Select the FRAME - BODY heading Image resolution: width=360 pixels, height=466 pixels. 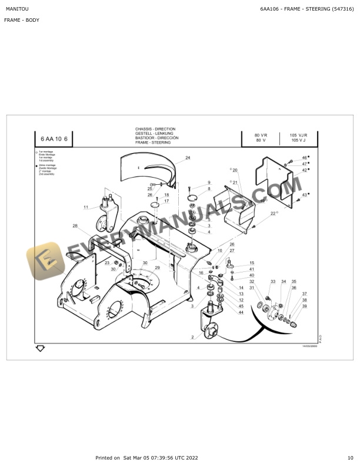pos(22,21)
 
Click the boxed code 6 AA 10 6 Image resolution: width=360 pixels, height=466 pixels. pos(55,139)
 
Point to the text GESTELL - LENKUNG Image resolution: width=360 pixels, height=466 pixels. pos(154,134)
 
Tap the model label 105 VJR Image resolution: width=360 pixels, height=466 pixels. pos(298,135)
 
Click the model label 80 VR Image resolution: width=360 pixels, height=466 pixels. pos(261,135)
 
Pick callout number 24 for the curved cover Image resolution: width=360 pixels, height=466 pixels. pos(188,158)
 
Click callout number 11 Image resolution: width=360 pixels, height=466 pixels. pos(85,207)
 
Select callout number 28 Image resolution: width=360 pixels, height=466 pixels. pos(75,226)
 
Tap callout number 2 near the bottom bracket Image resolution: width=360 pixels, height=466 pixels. pos(192,337)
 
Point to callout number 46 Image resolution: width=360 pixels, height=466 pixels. pos(304,158)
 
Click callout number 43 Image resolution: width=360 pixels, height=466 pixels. pos(304,195)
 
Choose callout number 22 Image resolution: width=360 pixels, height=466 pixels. pos(273,214)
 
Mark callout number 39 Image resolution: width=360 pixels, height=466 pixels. pos(304,306)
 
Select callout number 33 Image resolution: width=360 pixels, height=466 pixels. pos(272,282)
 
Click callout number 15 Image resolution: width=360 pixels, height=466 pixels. pos(251,263)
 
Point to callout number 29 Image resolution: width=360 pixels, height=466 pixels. pos(157,268)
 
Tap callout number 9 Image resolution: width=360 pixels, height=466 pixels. pos(208,183)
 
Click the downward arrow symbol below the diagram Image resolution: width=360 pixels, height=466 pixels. pos(40,348)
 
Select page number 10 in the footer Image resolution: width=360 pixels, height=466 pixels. pos(350,458)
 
